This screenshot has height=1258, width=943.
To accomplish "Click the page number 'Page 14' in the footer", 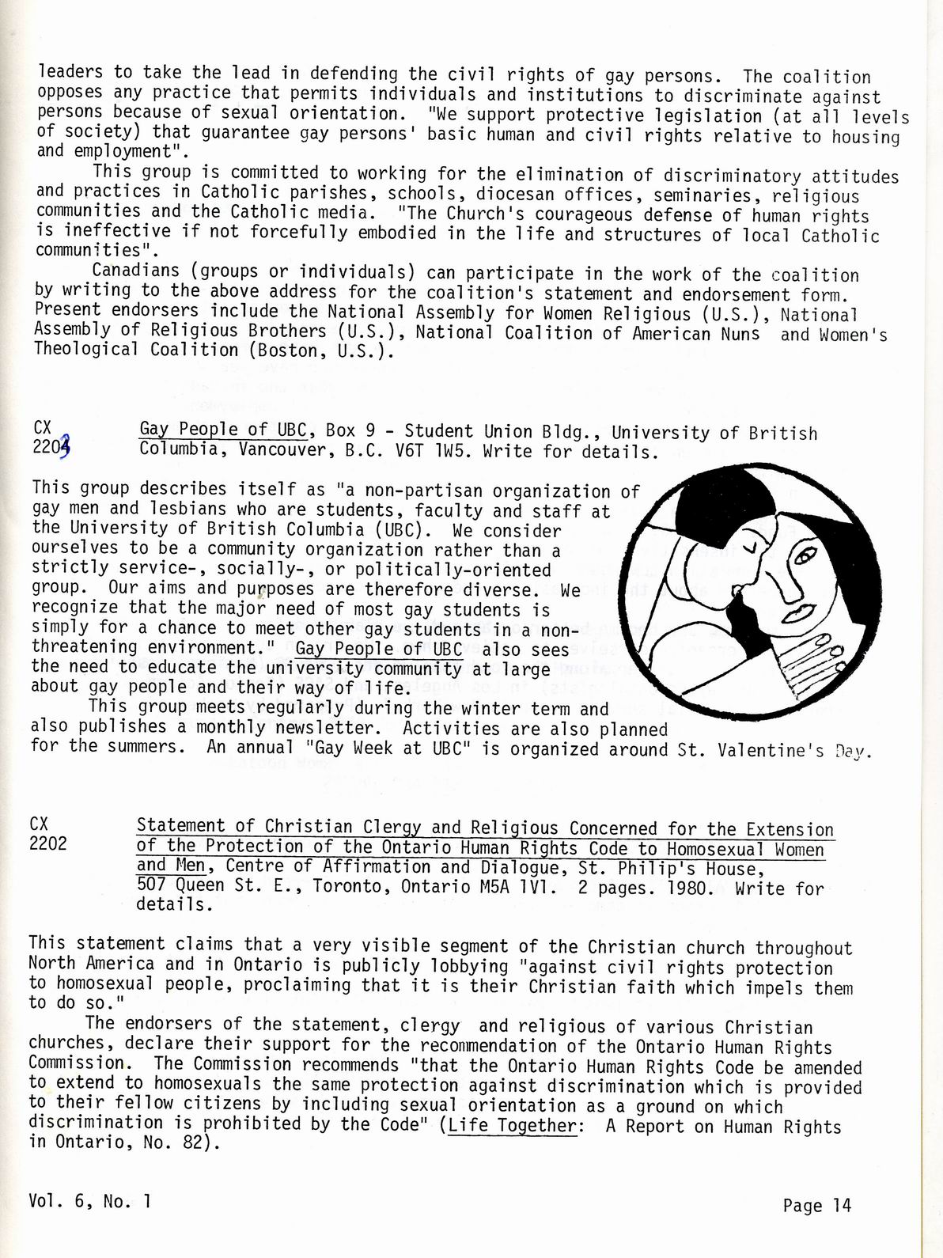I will pos(816,1205).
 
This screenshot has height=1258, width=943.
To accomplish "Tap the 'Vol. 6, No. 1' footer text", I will pos(89,1200).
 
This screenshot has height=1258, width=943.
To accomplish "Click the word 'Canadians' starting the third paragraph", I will pos(131,271).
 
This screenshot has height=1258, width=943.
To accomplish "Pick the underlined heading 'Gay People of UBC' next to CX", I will pos(222,430).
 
